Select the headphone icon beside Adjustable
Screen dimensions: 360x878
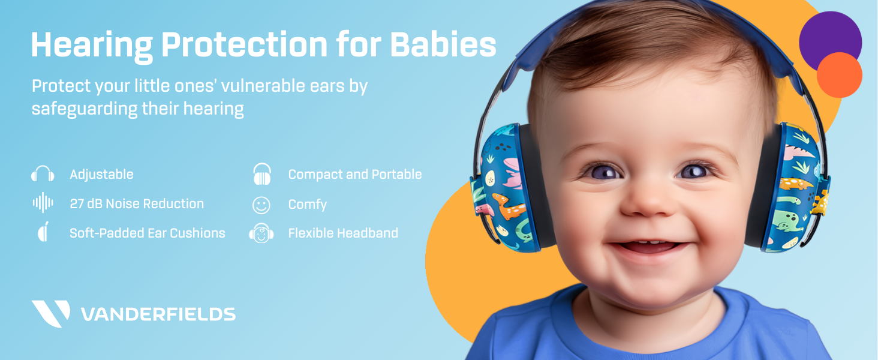point(43,175)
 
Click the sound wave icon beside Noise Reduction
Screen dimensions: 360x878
point(43,203)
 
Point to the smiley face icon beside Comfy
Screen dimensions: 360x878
point(261,205)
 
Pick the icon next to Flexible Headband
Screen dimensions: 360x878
point(261,233)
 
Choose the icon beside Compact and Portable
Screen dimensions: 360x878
point(262,175)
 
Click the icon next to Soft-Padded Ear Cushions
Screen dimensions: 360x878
point(43,233)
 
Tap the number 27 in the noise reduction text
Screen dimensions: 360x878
point(77,204)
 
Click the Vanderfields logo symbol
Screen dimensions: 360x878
point(50,313)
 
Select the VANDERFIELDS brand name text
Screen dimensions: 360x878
point(158,314)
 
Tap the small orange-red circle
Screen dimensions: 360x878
point(839,75)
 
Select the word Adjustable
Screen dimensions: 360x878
point(101,175)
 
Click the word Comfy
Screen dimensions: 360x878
point(307,205)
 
